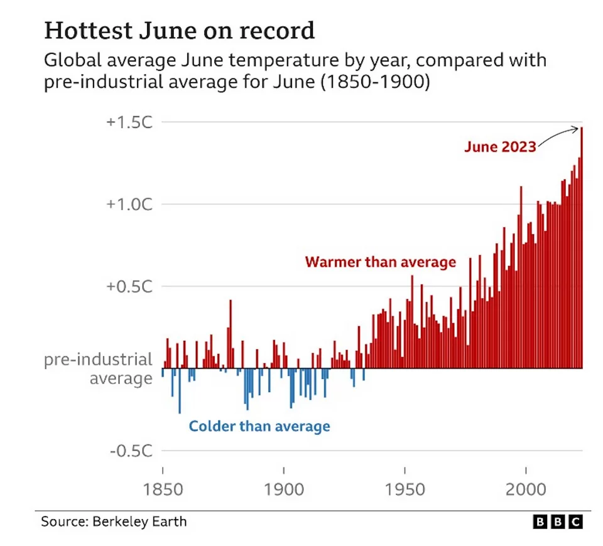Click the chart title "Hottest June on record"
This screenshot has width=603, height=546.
click(x=179, y=31)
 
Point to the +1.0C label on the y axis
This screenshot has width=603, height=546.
click(x=128, y=205)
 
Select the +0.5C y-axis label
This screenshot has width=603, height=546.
click(x=128, y=287)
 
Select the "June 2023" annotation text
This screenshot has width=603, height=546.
click(x=500, y=147)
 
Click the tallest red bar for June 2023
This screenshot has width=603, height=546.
click(x=582, y=251)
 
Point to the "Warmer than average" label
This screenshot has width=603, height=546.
click(x=381, y=262)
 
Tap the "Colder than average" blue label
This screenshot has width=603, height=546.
click(x=259, y=427)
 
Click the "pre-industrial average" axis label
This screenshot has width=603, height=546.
click(x=98, y=369)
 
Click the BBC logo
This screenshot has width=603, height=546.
click(x=558, y=522)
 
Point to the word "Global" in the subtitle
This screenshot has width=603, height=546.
click(x=68, y=61)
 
